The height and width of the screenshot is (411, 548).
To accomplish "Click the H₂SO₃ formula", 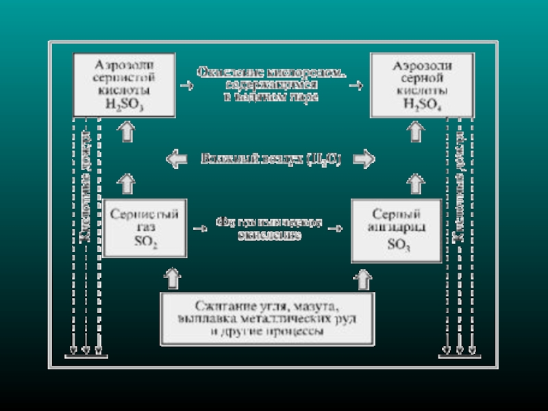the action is pyautogui.click(x=121, y=103).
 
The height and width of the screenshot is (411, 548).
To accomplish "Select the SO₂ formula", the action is pyautogui.click(x=144, y=242).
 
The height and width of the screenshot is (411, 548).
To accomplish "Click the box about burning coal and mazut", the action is pyautogui.click(x=267, y=319).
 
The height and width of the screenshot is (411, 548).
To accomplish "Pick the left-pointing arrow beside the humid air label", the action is pyautogui.click(x=177, y=159).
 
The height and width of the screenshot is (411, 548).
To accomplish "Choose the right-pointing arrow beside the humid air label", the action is pyautogui.click(x=364, y=159).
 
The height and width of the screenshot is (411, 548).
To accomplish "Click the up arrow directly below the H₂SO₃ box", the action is pyautogui.click(x=126, y=132).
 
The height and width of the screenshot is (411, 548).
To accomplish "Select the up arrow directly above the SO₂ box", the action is pyautogui.click(x=126, y=182).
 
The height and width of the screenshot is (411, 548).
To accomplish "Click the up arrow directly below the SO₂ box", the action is pyautogui.click(x=171, y=277).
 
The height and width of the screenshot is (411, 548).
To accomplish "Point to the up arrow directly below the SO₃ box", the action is pyautogui.click(x=363, y=278).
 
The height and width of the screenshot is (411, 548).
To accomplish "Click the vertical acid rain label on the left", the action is pyautogui.click(x=86, y=185).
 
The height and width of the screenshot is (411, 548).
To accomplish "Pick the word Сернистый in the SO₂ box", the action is pyautogui.click(x=144, y=214).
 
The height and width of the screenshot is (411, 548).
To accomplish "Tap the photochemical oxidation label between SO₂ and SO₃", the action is pyautogui.click(x=269, y=228).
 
